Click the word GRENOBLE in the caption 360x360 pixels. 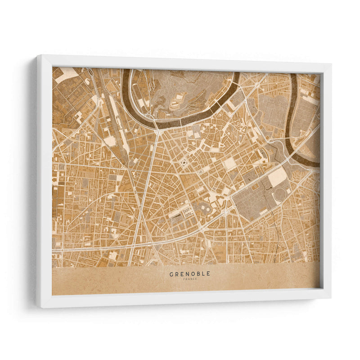tap(189, 274)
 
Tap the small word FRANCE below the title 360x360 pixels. tap(189, 279)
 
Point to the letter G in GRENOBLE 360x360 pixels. tap(171, 274)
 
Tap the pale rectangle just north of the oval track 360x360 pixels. tap(277, 177)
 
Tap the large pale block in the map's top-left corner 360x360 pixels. tap(66, 74)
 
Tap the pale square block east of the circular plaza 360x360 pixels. tap(230, 163)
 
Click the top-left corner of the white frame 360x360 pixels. tap(37, 56)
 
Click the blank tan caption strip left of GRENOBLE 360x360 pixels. tap(108, 281)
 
